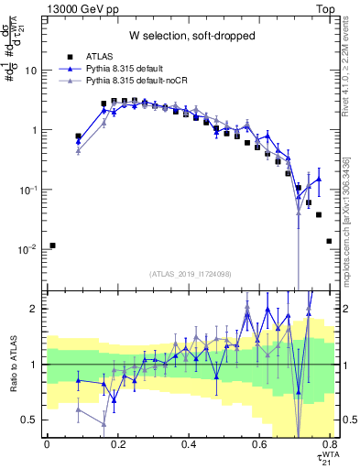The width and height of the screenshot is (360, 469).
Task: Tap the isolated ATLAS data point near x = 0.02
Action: pyautogui.click(x=53, y=245)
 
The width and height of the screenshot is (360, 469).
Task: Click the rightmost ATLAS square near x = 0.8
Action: pyautogui.click(x=329, y=241)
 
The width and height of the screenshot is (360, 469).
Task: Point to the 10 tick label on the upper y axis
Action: pyautogui.click(x=32, y=71)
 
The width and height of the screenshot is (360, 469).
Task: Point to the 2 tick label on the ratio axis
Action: pyautogui.click(x=35, y=309)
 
